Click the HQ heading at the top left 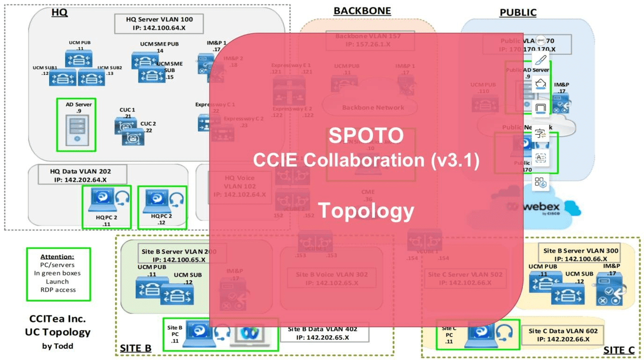coord(59,13)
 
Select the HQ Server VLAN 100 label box coord(160,23)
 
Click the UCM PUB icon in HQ coord(79,59)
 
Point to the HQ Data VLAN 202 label coord(80,175)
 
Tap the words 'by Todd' coord(58,346)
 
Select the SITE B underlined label coord(135,349)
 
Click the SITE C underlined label coord(619,350)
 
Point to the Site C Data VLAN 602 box coord(562,335)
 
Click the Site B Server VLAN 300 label coord(580,254)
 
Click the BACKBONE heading coord(362,11)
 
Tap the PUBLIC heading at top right coord(518,13)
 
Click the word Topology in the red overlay coord(366,211)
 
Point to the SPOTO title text coord(366,136)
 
